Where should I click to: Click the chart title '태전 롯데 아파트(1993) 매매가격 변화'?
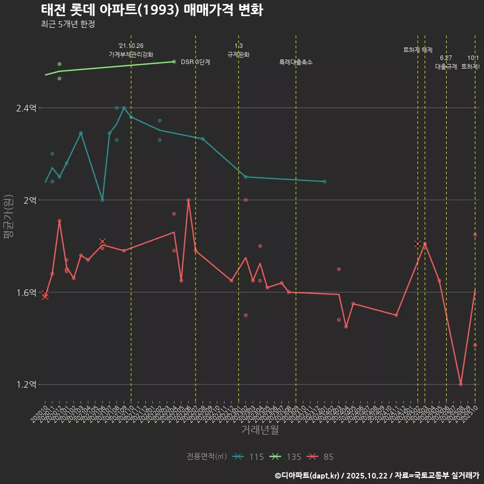point(151,10)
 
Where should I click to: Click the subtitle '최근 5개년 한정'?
point(68,24)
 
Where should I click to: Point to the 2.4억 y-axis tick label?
point(26,108)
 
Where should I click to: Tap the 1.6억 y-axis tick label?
point(26,292)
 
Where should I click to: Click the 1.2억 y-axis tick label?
point(26,385)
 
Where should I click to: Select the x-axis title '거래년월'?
point(260,430)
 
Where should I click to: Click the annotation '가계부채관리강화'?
point(131,54)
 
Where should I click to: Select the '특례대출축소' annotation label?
point(296,62)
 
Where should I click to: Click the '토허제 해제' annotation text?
point(418,50)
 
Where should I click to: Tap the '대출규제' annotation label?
point(446,66)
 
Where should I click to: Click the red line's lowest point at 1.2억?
point(461,384)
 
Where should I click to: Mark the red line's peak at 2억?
point(189,200)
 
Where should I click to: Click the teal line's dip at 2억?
point(102,200)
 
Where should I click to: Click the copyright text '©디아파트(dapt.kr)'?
point(307,475)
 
